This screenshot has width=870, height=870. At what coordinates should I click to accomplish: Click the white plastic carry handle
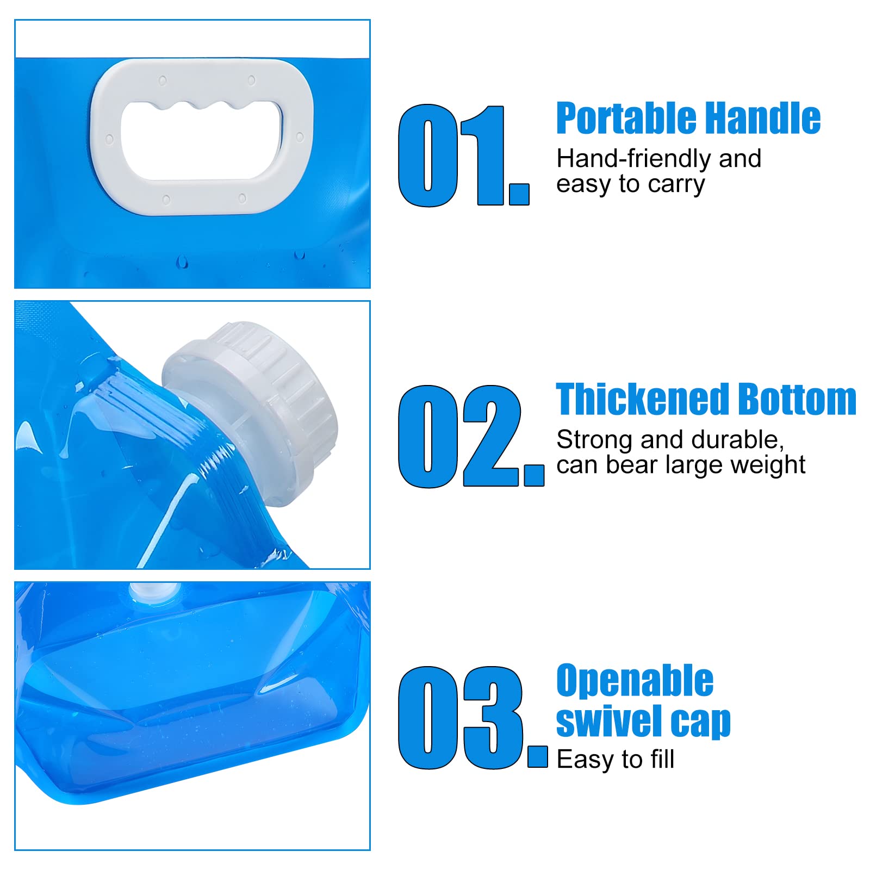point(109,136)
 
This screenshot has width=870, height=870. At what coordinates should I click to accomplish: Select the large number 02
point(471,436)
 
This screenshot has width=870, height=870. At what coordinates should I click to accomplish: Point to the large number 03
point(473,717)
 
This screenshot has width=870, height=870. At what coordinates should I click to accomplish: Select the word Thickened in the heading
point(643,399)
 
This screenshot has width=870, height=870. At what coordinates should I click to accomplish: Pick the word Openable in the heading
point(635,681)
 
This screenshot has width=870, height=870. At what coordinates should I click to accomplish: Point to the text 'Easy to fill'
point(615,759)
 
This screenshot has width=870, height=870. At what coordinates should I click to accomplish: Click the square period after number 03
point(538,756)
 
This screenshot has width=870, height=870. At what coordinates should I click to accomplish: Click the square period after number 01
point(519,194)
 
